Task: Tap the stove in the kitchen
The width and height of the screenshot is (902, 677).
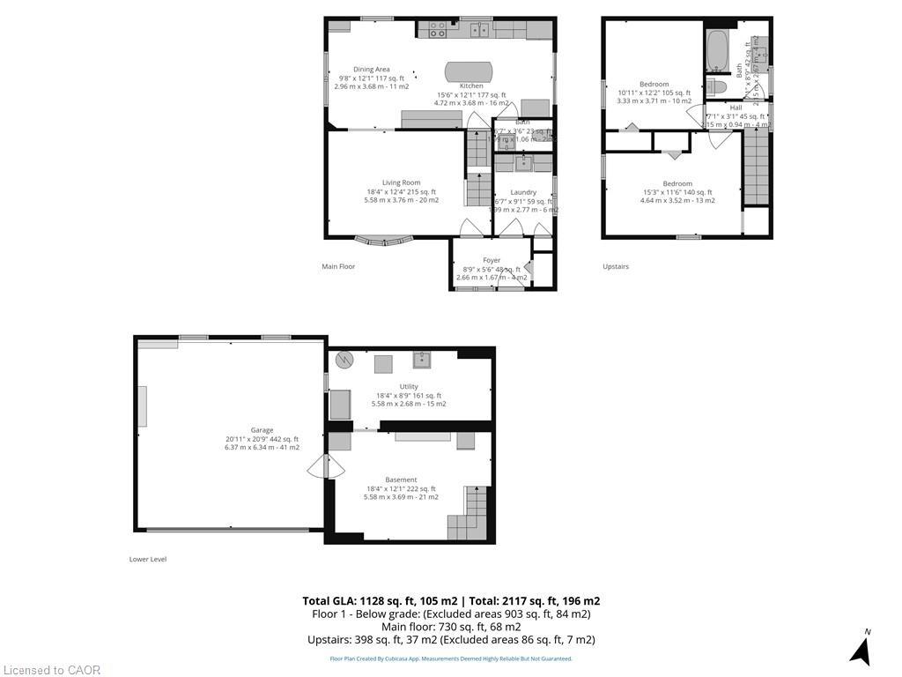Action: point(436,30)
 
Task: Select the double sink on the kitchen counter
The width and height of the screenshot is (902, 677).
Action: point(480,30)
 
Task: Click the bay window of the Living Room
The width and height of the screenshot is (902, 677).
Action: point(383,239)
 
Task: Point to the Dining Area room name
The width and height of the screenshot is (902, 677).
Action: point(371,70)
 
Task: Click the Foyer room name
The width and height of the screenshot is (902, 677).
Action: point(492,260)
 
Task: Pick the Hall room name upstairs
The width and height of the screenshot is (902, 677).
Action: point(736,108)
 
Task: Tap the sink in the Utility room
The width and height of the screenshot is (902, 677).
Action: point(422,359)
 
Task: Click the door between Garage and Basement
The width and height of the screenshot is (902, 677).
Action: point(326,466)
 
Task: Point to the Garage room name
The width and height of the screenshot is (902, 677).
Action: point(262,430)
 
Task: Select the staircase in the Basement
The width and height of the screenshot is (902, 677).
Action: point(469,515)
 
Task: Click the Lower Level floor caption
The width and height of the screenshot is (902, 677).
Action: point(148,559)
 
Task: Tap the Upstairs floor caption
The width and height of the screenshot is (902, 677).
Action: point(616,266)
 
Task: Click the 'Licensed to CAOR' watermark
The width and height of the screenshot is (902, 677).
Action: point(51,670)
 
